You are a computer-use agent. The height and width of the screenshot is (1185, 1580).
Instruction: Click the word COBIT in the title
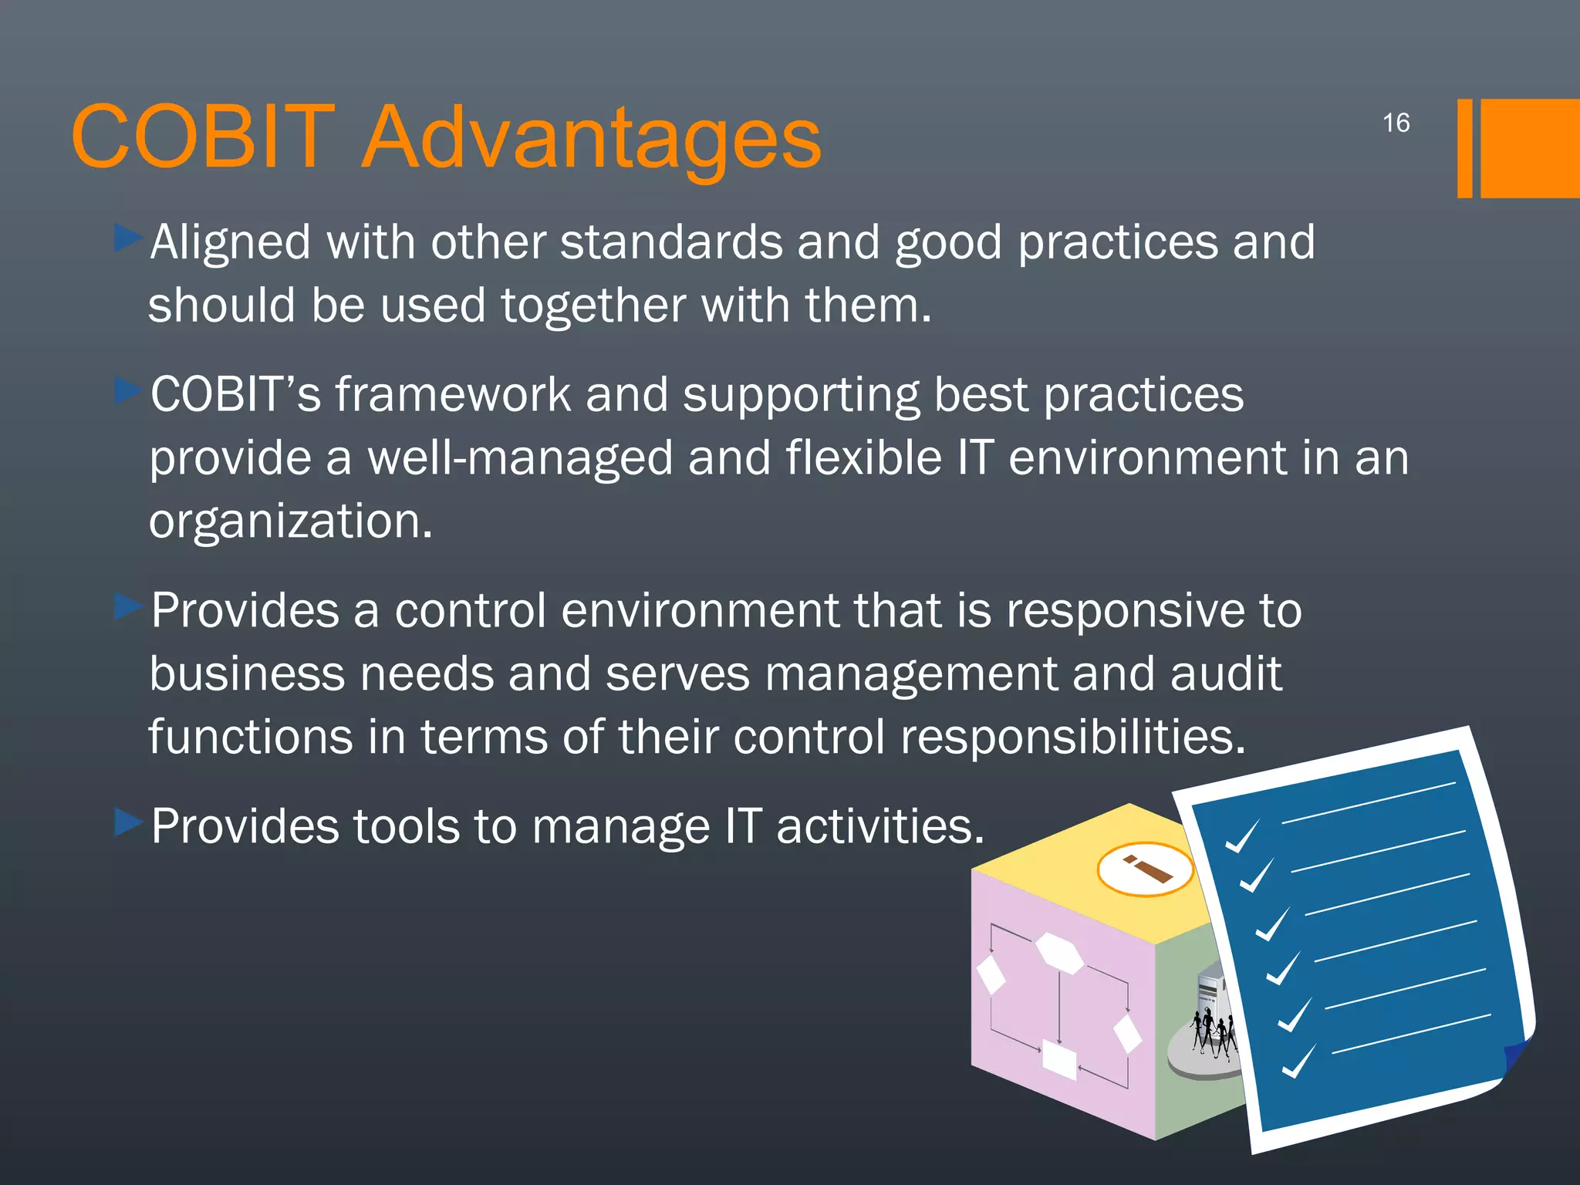tap(203, 137)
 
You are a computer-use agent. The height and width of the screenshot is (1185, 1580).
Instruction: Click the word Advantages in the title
tap(591, 139)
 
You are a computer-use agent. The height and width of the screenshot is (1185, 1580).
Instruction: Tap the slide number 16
tap(1396, 123)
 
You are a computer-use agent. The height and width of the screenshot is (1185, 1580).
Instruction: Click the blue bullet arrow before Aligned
tap(128, 238)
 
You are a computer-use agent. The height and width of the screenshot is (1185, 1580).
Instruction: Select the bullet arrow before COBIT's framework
tap(128, 391)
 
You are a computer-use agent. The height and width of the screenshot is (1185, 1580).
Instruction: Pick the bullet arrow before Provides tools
tap(128, 822)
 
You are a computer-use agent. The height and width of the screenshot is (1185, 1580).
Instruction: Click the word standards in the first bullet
tap(671, 242)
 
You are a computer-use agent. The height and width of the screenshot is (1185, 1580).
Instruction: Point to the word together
tap(593, 306)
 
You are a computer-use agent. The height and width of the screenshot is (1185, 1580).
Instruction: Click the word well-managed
tap(519, 458)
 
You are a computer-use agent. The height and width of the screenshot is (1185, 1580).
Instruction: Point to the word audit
tap(1226, 674)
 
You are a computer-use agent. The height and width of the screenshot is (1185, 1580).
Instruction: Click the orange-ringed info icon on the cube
tap(1146, 869)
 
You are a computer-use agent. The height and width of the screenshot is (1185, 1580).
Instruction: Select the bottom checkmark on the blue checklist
tap(1298, 1062)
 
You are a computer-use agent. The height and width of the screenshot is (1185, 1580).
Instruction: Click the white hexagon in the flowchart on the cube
tap(1059, 953)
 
